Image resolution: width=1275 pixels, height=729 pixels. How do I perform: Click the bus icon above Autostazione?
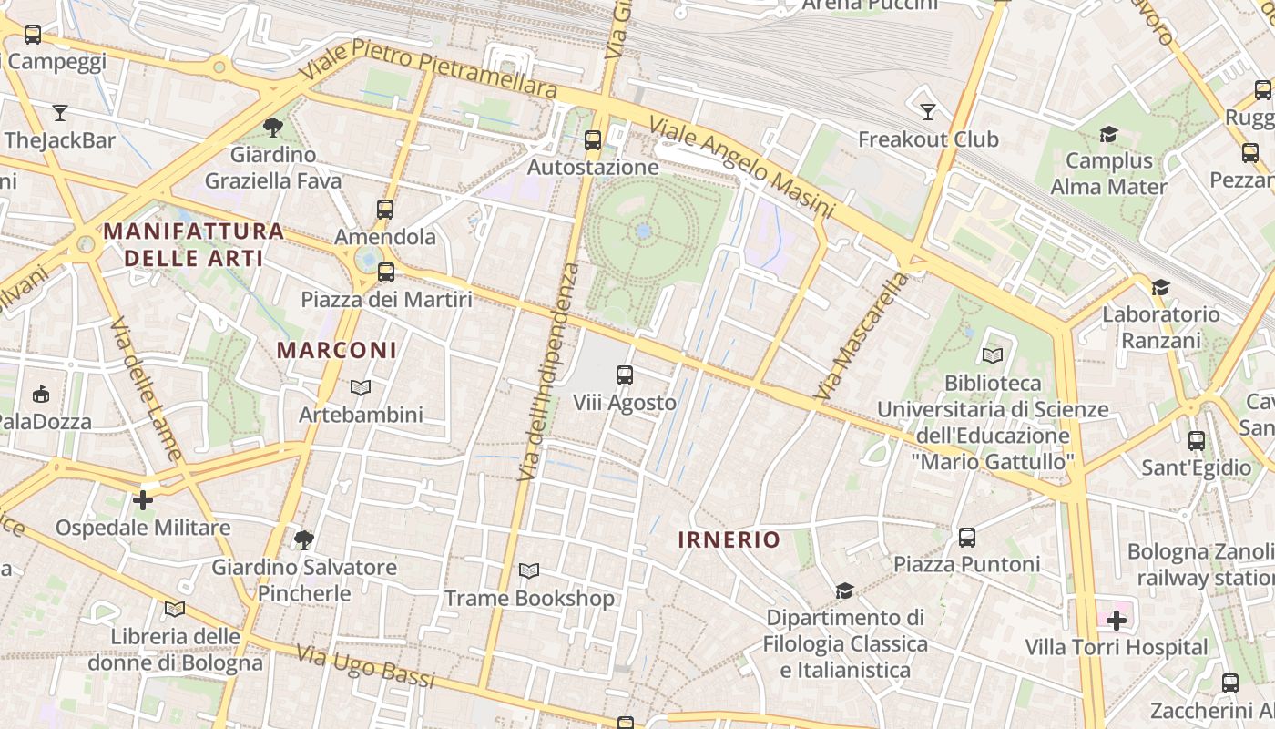593,140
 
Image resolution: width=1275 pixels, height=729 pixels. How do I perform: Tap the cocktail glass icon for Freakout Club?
928,112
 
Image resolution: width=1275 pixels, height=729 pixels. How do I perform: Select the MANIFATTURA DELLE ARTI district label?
193,244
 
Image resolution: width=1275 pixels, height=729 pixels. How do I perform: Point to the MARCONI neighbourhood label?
337,350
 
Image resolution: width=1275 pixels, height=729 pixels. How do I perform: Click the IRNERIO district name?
729,539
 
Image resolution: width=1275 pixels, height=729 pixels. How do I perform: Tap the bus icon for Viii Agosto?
625,375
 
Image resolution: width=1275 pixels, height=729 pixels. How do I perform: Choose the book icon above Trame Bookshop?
529,571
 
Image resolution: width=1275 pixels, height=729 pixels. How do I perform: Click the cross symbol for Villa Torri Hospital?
1117,621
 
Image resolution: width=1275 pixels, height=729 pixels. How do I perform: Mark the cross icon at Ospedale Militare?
143,500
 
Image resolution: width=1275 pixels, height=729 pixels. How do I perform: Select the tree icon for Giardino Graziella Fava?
272,127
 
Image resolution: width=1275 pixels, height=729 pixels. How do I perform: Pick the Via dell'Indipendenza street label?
547,372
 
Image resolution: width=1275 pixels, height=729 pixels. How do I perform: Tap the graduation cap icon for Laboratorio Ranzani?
1159,288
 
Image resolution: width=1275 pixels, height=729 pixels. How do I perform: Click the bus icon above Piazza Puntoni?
967,538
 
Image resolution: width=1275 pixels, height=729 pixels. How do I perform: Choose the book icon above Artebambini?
361,388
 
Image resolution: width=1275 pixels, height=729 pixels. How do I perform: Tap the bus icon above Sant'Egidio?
1197,441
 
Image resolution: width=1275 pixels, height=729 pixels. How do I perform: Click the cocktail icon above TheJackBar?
60,113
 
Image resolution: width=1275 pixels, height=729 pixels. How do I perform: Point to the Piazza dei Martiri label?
387,299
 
